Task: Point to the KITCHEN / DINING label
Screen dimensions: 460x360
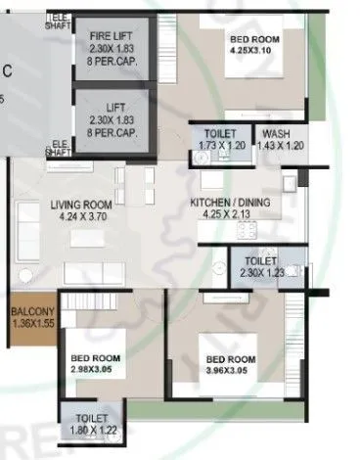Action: point(227,203)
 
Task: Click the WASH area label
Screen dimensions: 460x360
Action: point(275,133)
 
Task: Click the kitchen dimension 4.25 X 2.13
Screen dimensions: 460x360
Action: point(227,214)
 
